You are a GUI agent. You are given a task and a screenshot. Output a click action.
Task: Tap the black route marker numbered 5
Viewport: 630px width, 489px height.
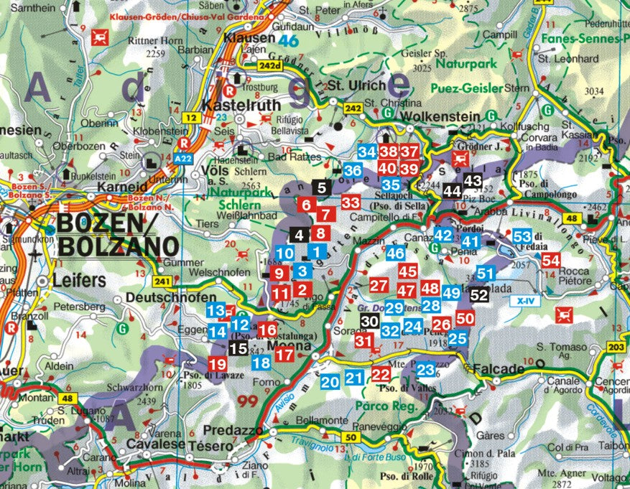tap(321, 188)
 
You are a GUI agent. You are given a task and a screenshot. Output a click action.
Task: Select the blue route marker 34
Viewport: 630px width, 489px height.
tap(367, 152)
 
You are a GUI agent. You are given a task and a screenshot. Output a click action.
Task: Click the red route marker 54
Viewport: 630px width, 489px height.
tap(551, 261)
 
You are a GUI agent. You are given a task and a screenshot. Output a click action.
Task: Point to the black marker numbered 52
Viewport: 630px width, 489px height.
tap(479, 294)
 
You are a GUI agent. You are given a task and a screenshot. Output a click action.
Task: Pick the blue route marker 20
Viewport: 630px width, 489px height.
tap(330, 382)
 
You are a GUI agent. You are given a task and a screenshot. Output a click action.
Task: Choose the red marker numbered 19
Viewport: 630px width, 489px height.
tap(217, 364)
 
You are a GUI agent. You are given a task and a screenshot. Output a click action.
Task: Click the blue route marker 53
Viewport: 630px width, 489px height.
tap(522, 236)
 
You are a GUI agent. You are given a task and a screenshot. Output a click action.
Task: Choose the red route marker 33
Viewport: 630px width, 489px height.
tap(351, 202)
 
